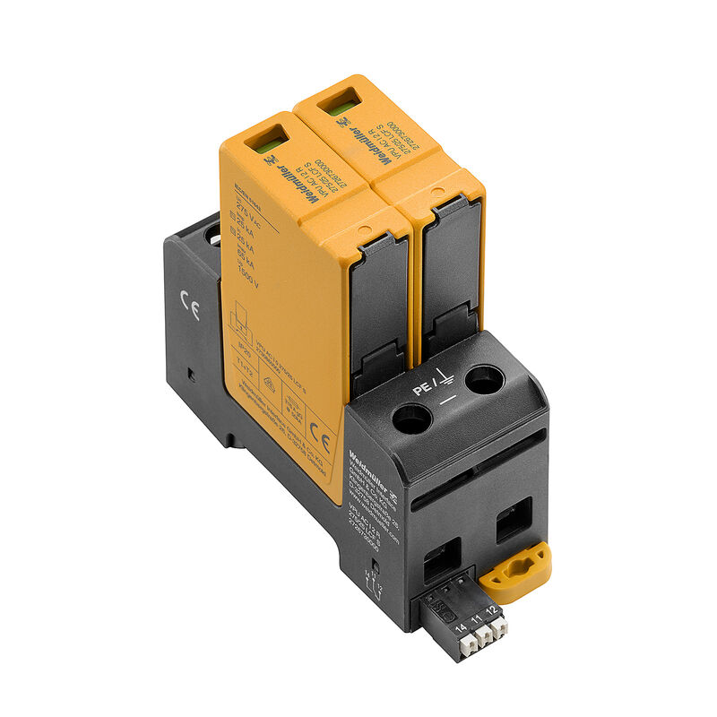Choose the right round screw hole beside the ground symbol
[x=485, y=380]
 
